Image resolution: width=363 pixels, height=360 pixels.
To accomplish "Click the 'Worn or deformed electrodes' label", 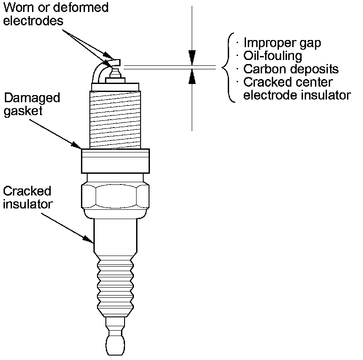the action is (x=56, y=14).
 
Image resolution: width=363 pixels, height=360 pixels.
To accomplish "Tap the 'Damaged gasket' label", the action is (x=32, y=104).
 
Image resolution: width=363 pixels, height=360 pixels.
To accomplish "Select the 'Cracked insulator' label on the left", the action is (x=28, y=198).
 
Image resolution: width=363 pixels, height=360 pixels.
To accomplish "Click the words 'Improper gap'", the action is (x=282, y=43).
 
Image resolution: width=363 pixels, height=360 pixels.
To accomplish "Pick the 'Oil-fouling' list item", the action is (x=273, y=56).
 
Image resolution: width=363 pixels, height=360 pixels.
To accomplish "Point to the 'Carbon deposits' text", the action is (x=291, y=69).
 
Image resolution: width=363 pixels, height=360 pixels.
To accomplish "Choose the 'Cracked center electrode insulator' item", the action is (x=297, y=88).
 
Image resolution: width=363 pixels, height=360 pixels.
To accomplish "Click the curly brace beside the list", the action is (x=229, y=68).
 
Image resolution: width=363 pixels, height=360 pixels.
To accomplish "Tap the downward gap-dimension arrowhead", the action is (x=192, y=58).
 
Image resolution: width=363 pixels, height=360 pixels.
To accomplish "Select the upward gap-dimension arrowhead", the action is (x=192, y=76).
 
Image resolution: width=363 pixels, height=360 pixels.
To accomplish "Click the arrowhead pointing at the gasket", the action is (x=76, y=145).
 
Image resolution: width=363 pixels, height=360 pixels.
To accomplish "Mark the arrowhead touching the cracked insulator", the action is (x=89, y=240).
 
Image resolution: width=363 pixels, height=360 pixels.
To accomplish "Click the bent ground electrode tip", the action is (x=115, y=63).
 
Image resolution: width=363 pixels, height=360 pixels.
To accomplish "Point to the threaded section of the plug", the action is (x=115, y=120).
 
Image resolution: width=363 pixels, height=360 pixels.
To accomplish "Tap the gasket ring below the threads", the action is (x=115, y=161).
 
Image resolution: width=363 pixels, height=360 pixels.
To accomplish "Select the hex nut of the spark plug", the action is (x=115, y=196).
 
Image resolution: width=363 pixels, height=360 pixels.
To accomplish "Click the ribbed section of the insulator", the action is (x=115, y=286).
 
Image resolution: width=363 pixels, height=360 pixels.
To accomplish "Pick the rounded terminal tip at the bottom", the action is (x=115, y=345).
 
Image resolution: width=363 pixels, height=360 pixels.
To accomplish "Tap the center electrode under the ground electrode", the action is (x=115, y=72).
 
